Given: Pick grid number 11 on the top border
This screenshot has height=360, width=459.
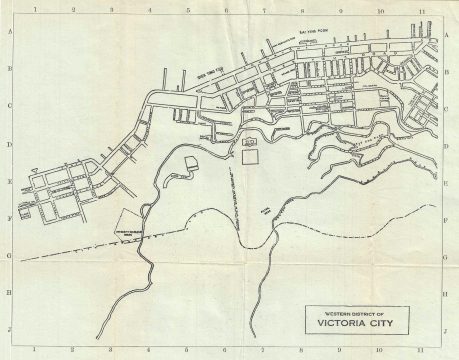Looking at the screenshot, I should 421,13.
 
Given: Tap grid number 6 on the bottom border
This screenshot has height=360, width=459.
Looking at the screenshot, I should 227,351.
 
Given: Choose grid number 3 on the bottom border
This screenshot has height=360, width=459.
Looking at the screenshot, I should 111,351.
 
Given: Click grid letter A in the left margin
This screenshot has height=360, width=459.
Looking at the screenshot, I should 10,32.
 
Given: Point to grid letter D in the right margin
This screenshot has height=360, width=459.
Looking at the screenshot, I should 445,144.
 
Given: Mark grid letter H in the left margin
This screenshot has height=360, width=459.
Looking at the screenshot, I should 10,292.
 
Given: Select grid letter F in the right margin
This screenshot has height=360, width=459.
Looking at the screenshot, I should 445,218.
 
